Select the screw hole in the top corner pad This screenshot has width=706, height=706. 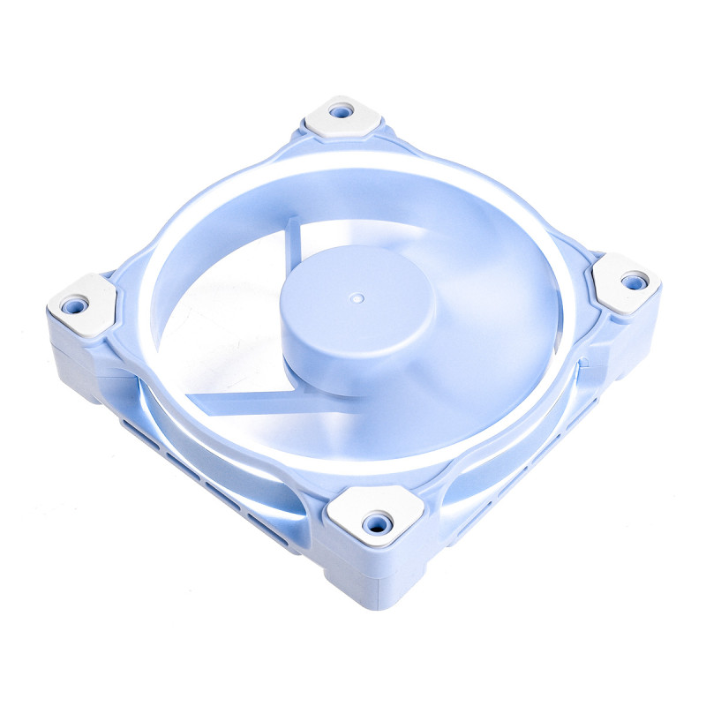click(x=341, y=112)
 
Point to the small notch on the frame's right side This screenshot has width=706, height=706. click(x=583, y=359)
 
